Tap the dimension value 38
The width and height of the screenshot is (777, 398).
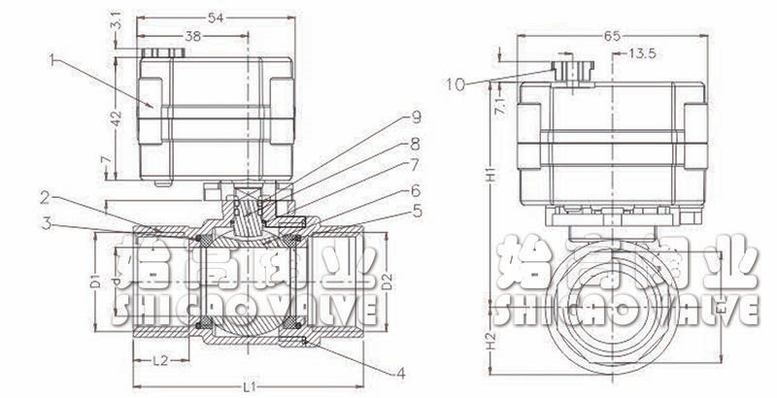point(194,36)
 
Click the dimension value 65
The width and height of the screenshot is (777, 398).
point(612,36)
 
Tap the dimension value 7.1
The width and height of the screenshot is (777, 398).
point(497,107)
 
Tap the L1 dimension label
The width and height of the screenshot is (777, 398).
point(249,387)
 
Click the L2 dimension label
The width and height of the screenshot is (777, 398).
point(163,360)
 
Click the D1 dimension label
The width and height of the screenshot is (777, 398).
point(96,282)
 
